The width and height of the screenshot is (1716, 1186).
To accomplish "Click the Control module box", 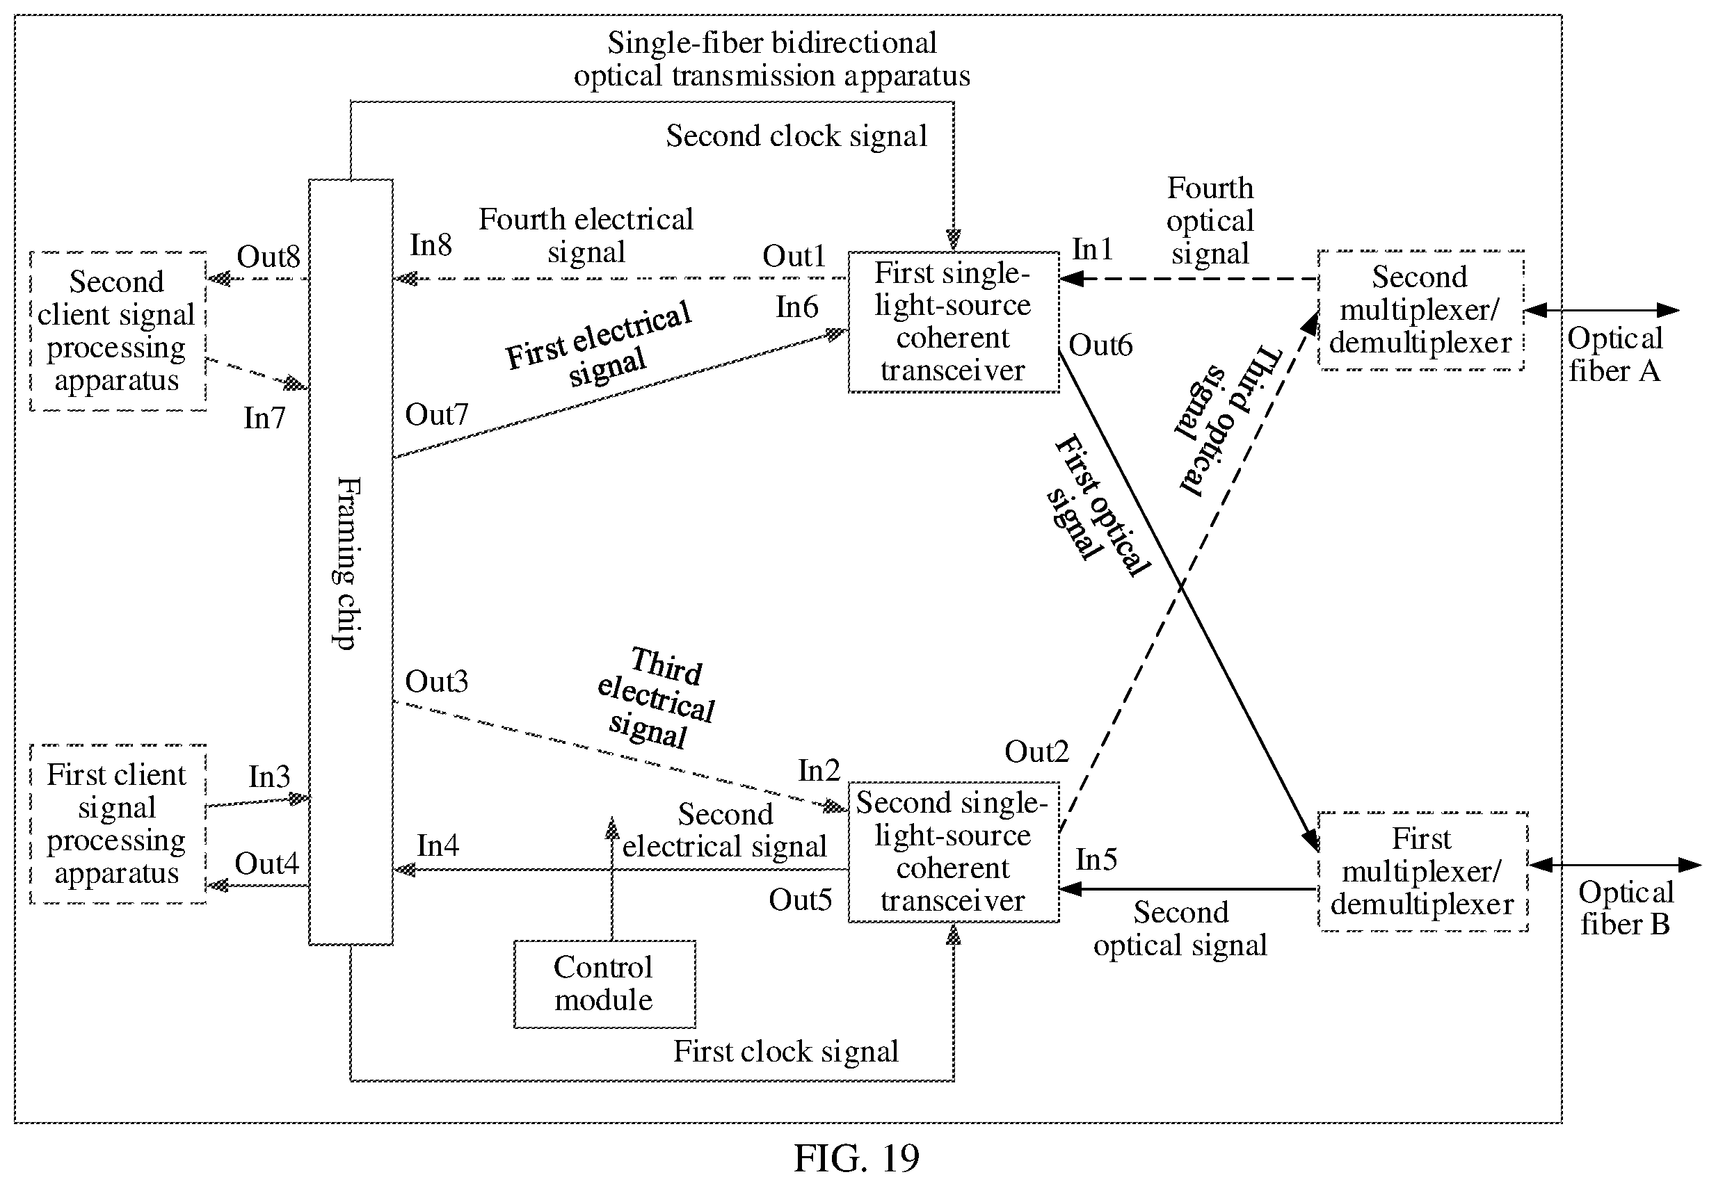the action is pos(604,984).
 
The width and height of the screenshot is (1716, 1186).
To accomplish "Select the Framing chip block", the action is pos(351,562).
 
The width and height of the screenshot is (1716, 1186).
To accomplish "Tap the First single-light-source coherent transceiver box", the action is pos(953,322).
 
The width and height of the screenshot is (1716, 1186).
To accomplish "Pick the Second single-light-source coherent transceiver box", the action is pos(953,852).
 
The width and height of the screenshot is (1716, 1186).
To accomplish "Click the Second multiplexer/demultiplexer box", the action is pos(1421,310).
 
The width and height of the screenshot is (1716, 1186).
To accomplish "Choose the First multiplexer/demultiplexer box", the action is pos(1422,871).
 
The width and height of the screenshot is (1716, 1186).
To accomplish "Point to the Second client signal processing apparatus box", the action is pos(118,331).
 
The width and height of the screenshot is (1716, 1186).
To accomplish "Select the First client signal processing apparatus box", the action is pos(118,823).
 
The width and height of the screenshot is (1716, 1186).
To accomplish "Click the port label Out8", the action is pos(268,257).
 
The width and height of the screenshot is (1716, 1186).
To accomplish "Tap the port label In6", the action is pos(797,307).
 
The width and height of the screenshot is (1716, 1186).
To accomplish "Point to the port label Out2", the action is pos(1036,752).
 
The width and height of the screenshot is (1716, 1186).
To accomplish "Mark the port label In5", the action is pos(1097,860).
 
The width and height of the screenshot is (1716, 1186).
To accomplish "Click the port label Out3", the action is pos(436,681).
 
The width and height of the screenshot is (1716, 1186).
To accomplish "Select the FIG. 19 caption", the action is pos(856,1157).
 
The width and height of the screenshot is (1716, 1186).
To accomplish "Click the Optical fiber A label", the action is pos(1615,355).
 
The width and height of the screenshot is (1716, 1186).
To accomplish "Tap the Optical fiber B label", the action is pos(1626,908).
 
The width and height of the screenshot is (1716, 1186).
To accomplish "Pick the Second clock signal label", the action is pos(796,136).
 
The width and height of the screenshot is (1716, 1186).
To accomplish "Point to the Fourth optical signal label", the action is pos(1210,220).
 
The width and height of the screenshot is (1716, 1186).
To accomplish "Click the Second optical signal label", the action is pos(1180,929).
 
